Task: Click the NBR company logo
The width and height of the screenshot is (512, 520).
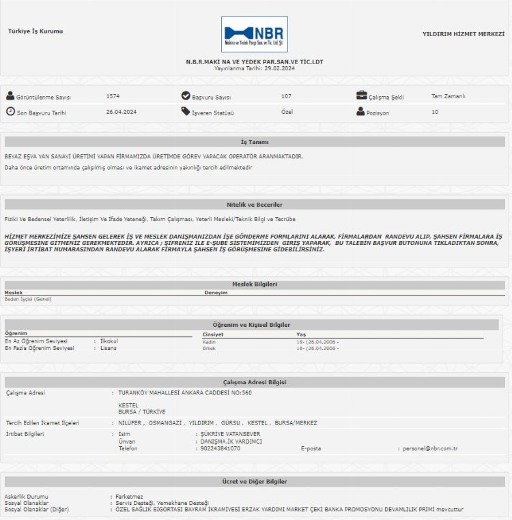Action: click(x=255, y=34)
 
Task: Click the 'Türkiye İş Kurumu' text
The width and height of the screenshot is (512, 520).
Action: click(x=35, y=31)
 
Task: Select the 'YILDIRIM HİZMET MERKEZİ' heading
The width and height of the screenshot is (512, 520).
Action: click(x=464, y=33)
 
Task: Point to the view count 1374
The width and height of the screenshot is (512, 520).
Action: click(x=113, y=96)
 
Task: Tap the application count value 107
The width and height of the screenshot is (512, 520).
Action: click(x=286, y=96)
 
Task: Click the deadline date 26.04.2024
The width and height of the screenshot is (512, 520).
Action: click(x=122, y=112)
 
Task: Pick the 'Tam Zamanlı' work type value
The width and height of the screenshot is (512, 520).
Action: click(x=449, y=96)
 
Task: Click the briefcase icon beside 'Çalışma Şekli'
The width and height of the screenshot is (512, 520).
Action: click(x=361, y=96)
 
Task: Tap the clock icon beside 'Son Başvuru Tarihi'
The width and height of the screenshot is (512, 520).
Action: click(x=10, y=111)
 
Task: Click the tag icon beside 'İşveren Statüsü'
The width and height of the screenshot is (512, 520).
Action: click(x=186, y=112)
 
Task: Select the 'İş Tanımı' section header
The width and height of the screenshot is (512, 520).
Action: click(x=255, y=142)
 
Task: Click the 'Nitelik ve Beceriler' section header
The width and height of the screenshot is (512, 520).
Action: click(x=255, y=205)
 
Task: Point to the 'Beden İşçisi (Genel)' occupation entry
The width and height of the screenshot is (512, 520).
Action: click(x=28, y=299)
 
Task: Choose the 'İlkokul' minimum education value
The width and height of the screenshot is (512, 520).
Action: click(x=109, y=341)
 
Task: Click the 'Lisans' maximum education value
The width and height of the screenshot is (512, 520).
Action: click(x=109, y=348)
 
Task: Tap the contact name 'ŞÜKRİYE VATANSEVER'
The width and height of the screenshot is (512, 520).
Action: click(x=229, y=434)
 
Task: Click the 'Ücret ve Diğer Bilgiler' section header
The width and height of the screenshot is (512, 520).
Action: click(x=255, y=482)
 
